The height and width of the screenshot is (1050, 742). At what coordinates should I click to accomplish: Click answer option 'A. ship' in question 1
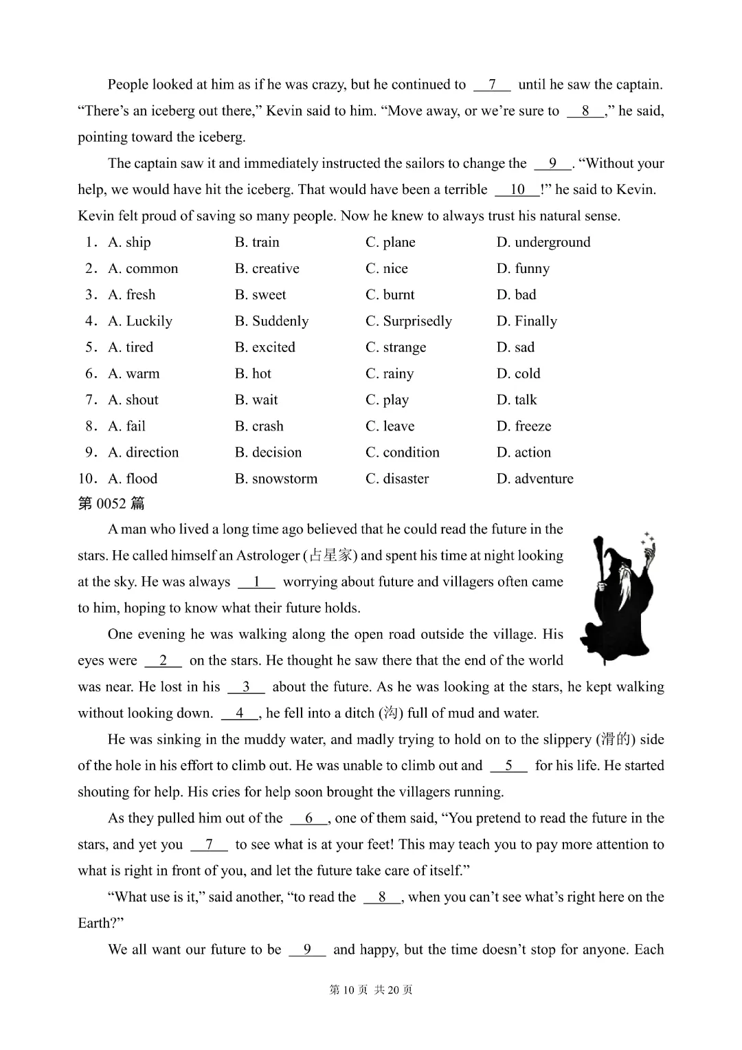129,242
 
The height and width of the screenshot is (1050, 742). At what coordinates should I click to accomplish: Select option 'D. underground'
543,242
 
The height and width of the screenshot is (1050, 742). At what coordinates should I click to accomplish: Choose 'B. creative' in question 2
267,268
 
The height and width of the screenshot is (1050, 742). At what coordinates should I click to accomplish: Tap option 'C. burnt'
390,295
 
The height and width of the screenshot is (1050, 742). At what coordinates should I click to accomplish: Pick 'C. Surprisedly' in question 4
408,321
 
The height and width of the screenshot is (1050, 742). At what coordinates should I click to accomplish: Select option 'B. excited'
265,347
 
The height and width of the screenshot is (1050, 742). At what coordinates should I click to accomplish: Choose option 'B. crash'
258,426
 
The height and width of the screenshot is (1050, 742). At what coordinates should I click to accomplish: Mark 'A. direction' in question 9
143,452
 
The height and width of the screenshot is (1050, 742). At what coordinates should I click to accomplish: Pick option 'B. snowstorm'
276,479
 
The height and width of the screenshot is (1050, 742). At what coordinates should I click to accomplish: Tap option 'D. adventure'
535,479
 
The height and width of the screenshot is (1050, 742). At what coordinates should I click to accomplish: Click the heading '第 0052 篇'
111,503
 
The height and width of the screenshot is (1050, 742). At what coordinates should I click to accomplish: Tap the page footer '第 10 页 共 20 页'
371,989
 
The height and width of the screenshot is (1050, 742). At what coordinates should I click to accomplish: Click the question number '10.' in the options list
89,479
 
